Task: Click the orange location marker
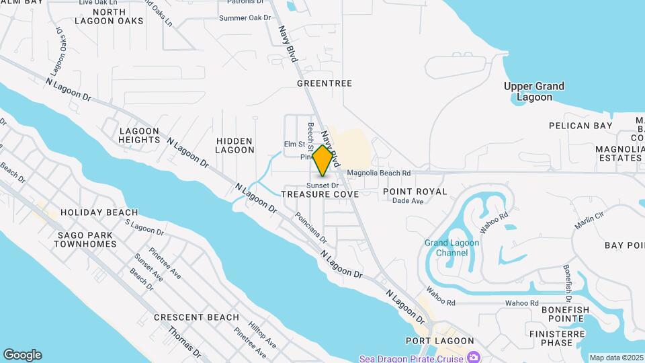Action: tap(323, 160)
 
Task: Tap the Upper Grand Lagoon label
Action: tap(534, 91)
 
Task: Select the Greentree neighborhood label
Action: tap(325, 83)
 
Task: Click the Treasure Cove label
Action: tap(319, 194)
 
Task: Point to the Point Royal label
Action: tap(415, 192)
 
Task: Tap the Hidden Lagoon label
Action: tap(234, 145)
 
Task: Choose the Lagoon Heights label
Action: tap(140, 135)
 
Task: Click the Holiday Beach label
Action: tap(99, 212)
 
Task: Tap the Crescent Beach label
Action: tap(196, 317)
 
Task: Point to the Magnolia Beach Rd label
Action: tap(379, 173)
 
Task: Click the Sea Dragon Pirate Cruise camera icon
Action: tap(474, 357)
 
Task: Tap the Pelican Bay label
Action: tap(580, 126)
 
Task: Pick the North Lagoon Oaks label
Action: tap(119, 16)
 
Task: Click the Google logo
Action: tap(22, 355)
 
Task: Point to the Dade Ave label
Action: tap(408, 200)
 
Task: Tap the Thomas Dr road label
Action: tap(185, 341)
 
